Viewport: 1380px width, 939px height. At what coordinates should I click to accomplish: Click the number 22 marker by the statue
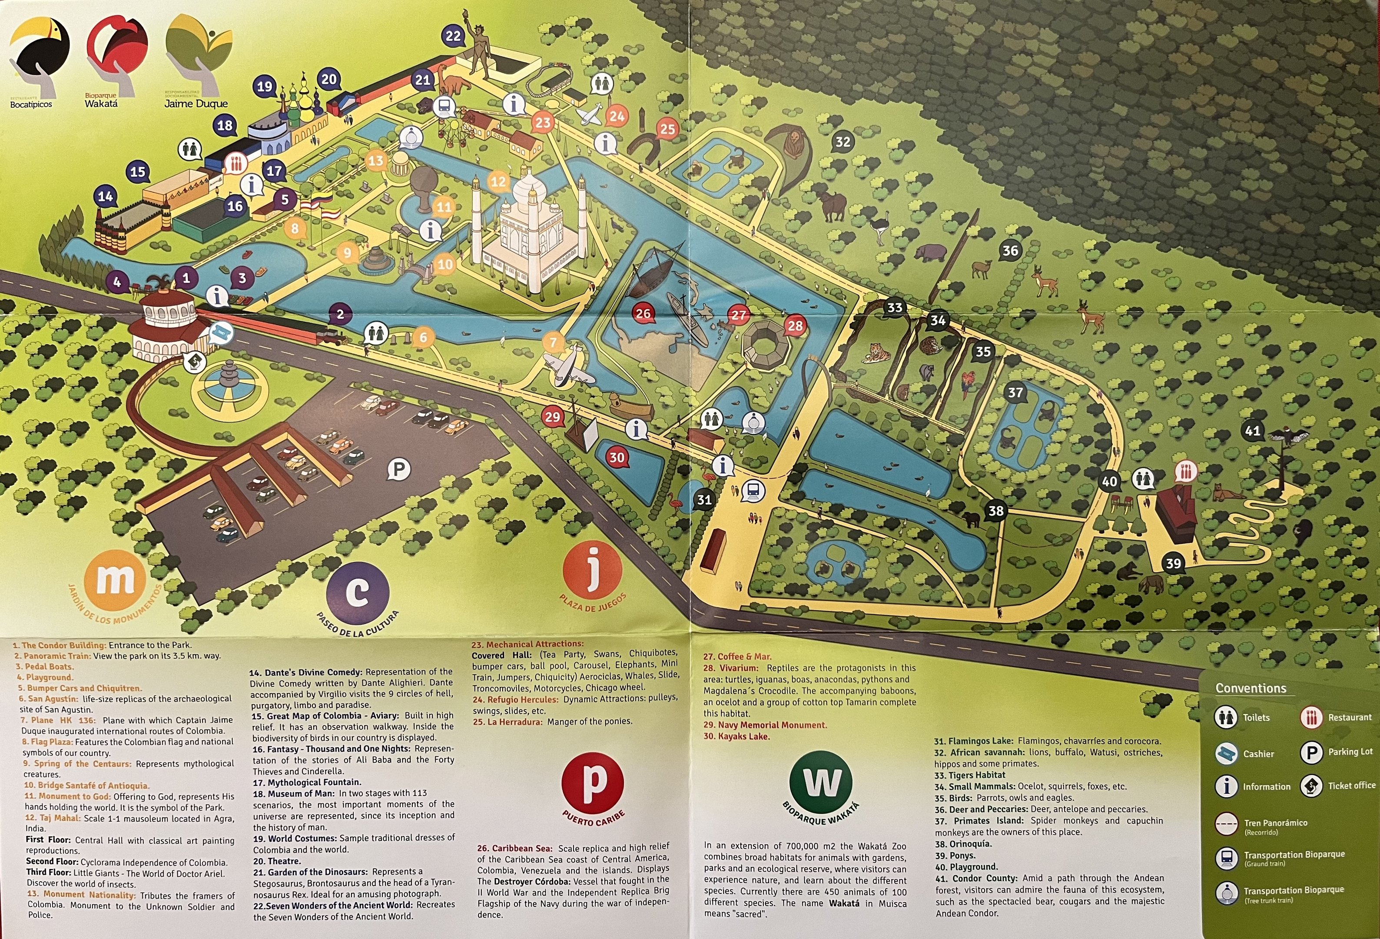(453, 36)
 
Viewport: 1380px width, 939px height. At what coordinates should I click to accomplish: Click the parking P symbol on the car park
(399, 470)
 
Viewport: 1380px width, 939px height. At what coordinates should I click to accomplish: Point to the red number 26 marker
(643, 313)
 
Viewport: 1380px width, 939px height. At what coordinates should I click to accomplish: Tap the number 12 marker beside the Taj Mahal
(498, 182)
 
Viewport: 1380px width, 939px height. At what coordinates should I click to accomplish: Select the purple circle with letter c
(358, 593)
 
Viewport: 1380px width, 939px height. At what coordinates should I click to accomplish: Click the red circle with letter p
(593, 783)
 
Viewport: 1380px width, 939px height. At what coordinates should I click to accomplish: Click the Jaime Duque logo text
(196, 104)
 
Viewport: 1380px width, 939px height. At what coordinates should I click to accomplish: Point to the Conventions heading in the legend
(1251, 688)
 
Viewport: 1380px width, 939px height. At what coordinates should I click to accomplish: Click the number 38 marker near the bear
(996, 510)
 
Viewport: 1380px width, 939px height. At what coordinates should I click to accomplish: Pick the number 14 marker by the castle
(105, 196)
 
